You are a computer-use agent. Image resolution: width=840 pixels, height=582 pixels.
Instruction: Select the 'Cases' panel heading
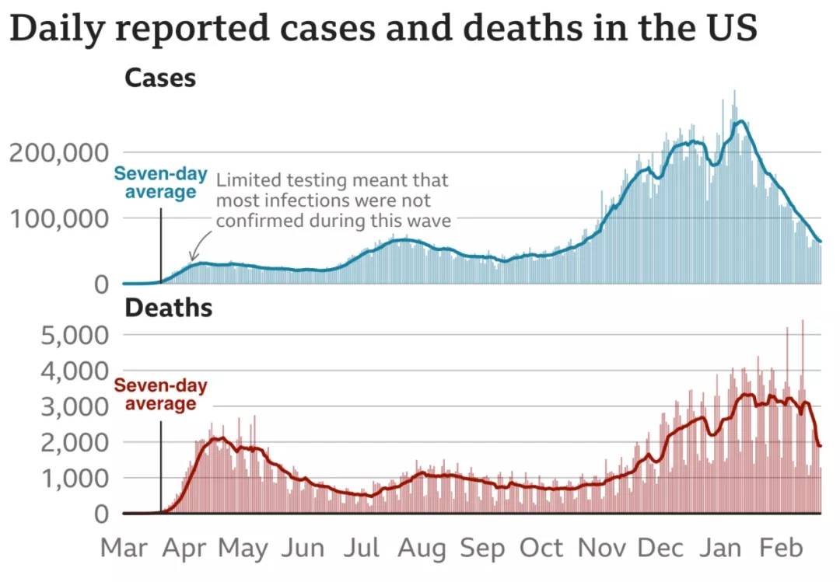pos(160,78)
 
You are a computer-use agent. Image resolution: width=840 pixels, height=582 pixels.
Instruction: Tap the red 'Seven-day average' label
pos(161,395)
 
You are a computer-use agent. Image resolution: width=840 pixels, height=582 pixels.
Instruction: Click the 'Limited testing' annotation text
pos(333,200)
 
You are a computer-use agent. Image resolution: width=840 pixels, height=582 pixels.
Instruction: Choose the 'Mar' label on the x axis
pos(124,548)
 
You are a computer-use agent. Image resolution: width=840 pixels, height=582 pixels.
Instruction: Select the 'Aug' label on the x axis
pos(422,548)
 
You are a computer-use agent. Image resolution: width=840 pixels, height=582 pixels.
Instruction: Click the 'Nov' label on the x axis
pos(602,548)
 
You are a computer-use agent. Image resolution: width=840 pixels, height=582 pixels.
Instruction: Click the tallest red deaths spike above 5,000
pos(802,322)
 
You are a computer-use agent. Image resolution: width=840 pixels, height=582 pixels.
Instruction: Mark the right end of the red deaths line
pos(821,445)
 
